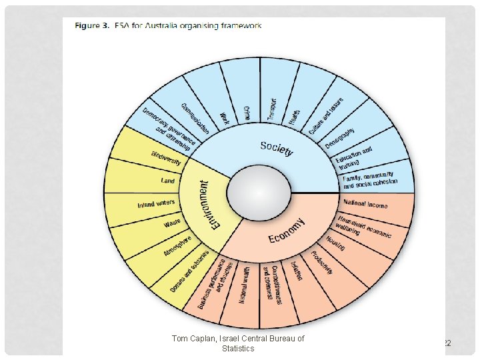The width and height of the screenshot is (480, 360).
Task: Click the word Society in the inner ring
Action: pyautogui.click(x=276, y=148)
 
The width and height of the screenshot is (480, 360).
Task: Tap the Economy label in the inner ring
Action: pyautogui.click(x=287, y=231)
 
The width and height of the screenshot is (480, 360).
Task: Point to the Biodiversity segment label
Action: pyautogui.click(x=166, y=157)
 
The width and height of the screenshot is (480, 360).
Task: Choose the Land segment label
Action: pyautogui.click(x=168, y=181)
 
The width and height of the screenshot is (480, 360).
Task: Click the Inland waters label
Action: pyautogui.click(x=156, y=203)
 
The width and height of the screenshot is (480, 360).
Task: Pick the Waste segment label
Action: pyautogui.click(x=172, y=223)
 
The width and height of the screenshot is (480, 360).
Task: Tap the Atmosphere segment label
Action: pyautogui.click(x=177, y=245)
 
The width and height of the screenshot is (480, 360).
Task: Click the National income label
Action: pyautogui.click(x=365, y=203)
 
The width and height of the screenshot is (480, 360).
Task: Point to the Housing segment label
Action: pyautogui.click(x=335, y=243)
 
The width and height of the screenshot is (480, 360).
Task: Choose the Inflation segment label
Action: pyautogui.click(x=296, y=270)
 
